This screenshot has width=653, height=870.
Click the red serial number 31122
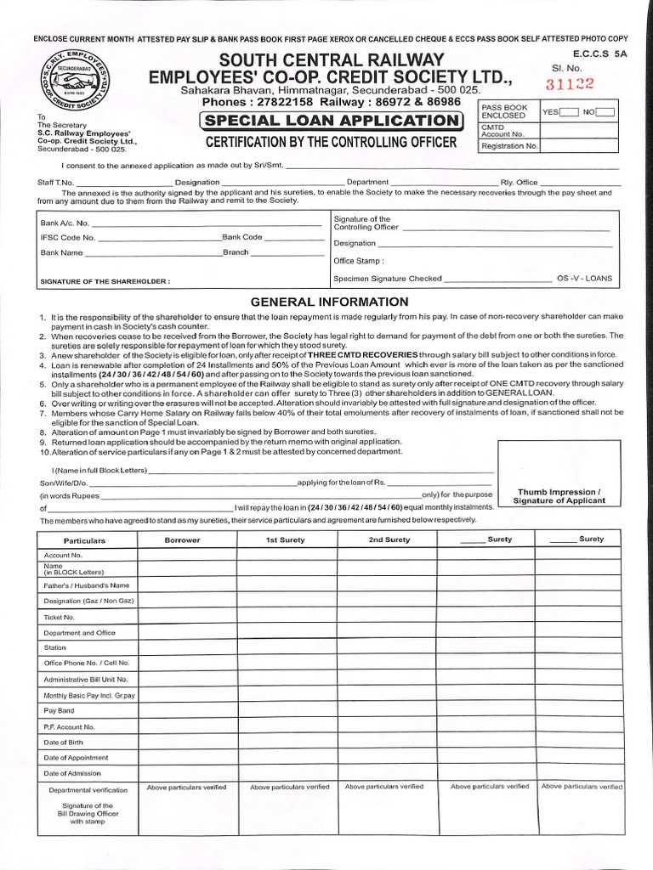tap(570, 83)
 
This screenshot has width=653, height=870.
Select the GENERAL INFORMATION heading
tap(328, 302)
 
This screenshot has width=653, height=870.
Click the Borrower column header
tap(182, 540)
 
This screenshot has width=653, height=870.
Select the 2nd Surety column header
tap(389, 540)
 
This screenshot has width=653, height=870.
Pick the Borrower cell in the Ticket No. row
tap(187, 617)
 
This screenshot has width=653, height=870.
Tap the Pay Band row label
tap(60, 710)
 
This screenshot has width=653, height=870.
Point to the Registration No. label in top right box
tap(510, 146)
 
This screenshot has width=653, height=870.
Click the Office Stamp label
tap(359, 261)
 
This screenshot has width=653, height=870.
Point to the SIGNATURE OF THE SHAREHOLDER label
tap(105, 280)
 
